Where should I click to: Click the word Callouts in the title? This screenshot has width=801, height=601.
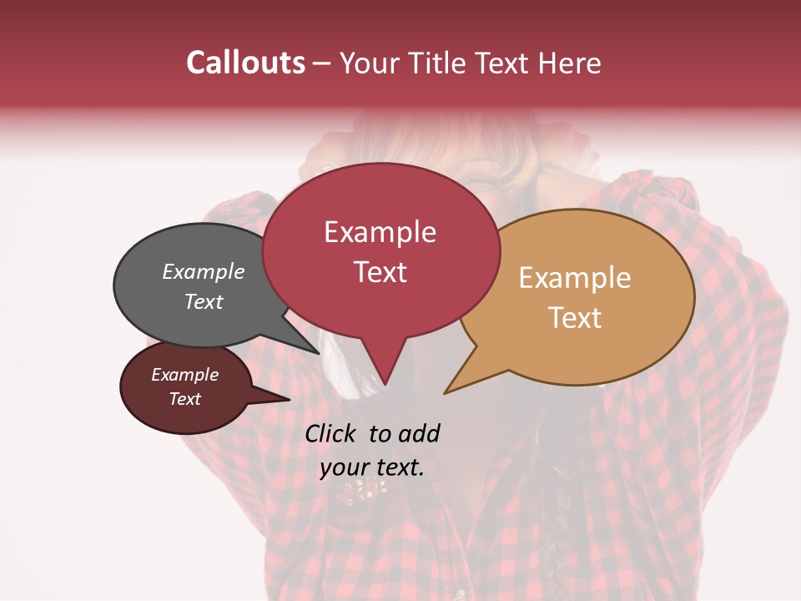tap(245, 63)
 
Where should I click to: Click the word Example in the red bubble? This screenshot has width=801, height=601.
tap(380, 232)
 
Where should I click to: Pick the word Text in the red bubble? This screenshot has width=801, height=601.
tap(380, 271)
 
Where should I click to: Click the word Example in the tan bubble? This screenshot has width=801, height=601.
tap(575, 278)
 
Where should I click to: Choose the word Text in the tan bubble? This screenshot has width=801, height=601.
tap(575, 317)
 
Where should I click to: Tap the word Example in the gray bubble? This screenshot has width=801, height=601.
tap(203, 271)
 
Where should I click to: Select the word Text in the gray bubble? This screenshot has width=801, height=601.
tap(203, 301)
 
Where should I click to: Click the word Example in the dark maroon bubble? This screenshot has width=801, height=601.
tap(184, 375)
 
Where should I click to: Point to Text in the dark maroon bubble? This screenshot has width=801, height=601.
tap(184, 399)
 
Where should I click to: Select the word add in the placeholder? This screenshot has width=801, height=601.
tap(420, 433)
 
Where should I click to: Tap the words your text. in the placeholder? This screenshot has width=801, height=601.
tap(372, 467)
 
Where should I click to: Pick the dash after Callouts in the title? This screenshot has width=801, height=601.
tap(323, 63)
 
